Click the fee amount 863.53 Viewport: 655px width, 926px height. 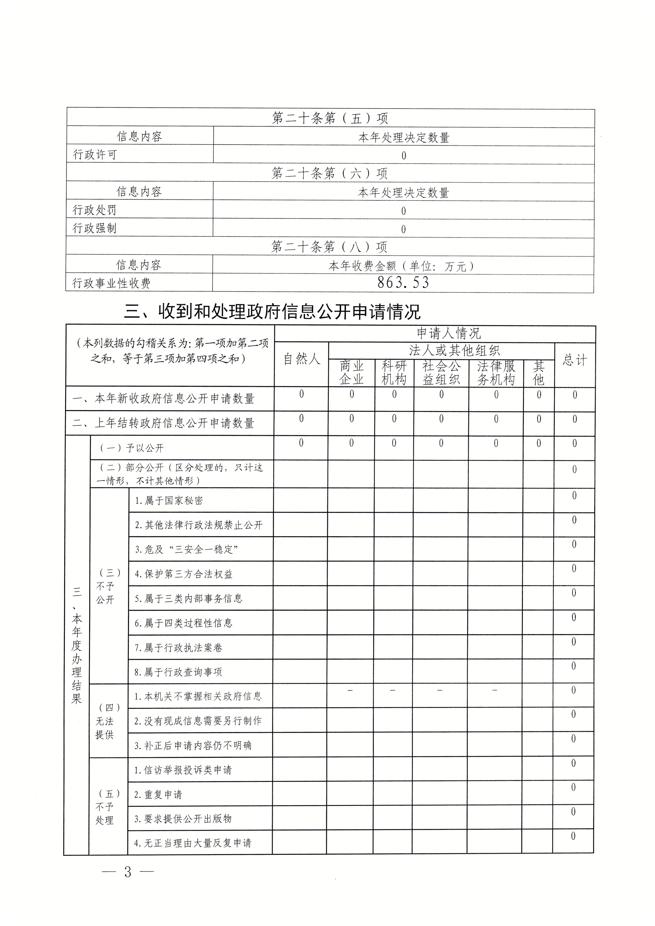pyautogui.click(x=403, y=282)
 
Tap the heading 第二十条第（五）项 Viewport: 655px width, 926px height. pyautogui.click(x=330, y=118)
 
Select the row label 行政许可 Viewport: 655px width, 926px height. pyautogui.click(x=95, y=154)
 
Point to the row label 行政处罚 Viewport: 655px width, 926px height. pyautogui.click(x=95, y=210)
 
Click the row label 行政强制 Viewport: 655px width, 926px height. pyautogui.click(x=95, y=228)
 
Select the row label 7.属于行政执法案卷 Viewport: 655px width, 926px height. pyautogui.click(x=179, y=648)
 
